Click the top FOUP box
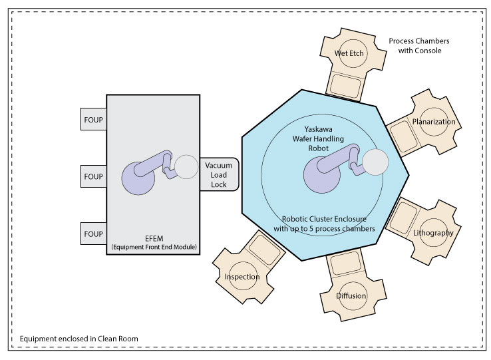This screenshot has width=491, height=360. tap(92, 119)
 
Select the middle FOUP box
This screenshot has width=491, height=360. tap(92, 177)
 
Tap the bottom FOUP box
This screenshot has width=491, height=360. tap(92, 234)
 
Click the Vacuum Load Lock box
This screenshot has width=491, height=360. tap(218, 174)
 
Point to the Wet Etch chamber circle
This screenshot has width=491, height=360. tap(349, 53)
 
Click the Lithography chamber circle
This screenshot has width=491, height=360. tap(433, 233)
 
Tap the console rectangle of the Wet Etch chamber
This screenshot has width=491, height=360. tap(345, 85)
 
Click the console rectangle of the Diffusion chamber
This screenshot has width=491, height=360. tap(345, 265)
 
